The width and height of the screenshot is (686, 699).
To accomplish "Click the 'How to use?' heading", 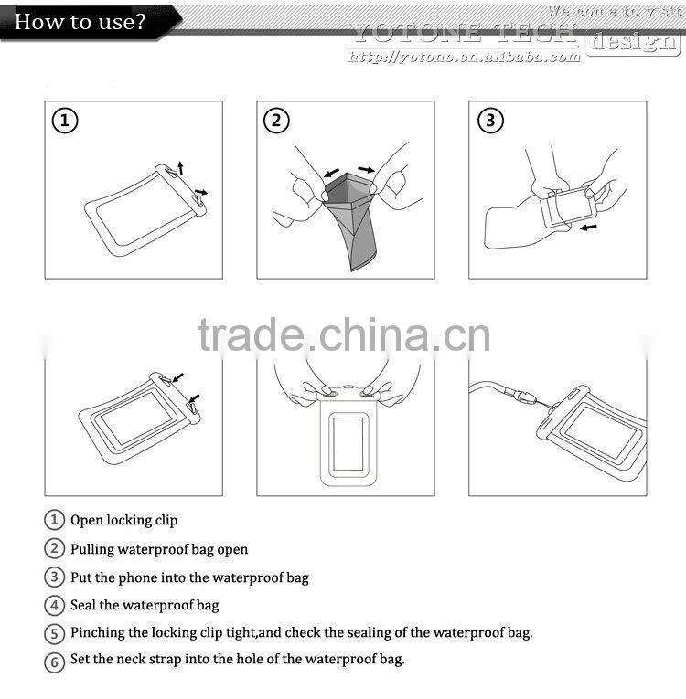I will pyautogui.click(x=80, y=21).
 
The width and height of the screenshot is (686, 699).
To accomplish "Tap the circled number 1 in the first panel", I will pyautogui.click(x=64, y=121).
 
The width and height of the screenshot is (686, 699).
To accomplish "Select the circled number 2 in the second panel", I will pyautogui.click(x=276, y=121).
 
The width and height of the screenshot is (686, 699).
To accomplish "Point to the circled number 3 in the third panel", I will pyautogui.click(x=489, y=121).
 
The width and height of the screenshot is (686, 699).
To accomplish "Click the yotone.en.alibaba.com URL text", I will pyautogui.click(x=465, y=57).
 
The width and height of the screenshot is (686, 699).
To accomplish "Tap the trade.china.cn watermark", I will pyautogui.click(x=344, y=335).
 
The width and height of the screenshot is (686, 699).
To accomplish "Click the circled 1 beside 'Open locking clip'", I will pyautogui.click(x=55, y=520).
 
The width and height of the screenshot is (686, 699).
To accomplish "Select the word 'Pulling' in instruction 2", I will pyautogui.click(x=95, y=549).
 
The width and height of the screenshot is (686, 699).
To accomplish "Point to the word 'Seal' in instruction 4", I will pyautogui.click(x=83, y=605).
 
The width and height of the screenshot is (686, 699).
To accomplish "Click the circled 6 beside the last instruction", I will pyautogui.click(x=55, y=661).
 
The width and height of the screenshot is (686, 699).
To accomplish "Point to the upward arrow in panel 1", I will pyautogui.click(x=181, y=166).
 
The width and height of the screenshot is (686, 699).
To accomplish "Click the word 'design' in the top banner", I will pyautogui.click(x=632, y=41).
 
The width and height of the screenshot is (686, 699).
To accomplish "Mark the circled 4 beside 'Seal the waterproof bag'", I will pyautogui.click(x=55, y=605).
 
